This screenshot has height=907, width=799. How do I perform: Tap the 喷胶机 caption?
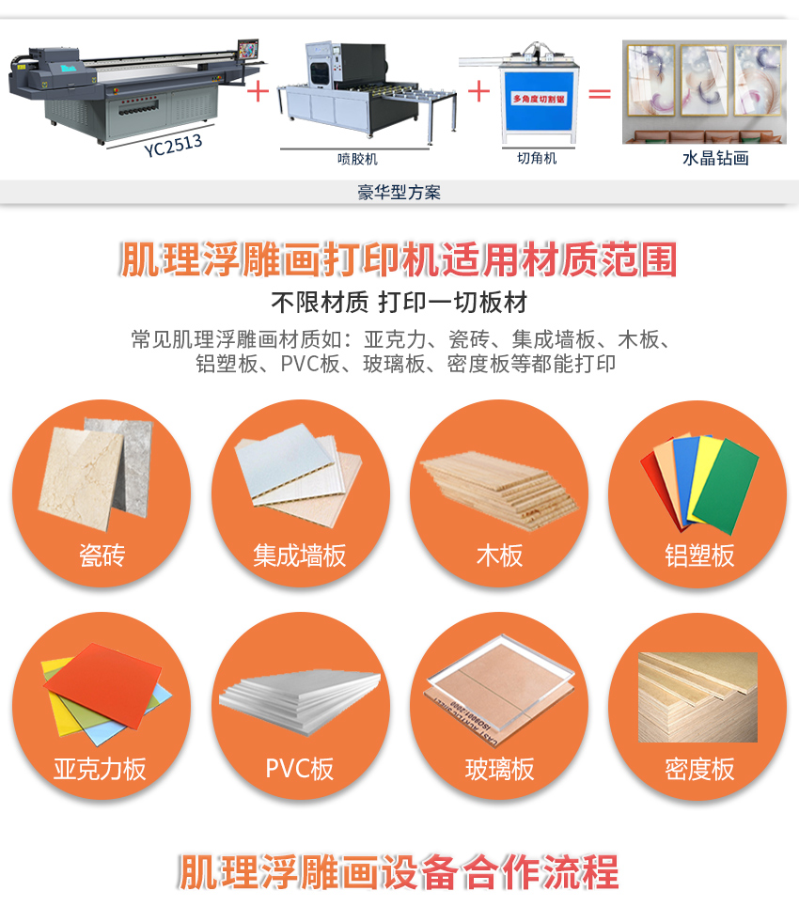[357, 159]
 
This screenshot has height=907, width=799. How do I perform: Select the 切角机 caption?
[537, 159]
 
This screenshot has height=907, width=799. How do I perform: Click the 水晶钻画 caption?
[715, 159]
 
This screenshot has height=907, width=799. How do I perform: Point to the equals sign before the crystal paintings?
[599, 93]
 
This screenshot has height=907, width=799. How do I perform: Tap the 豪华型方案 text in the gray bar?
[399, 193]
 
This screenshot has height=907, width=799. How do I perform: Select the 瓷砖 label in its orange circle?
[102, 555]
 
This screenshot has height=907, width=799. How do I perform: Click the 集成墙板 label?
[300, 555]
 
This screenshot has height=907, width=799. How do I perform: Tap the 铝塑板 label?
[699, 555]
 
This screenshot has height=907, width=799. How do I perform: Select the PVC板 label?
[300, 769]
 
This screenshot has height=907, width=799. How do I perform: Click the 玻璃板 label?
[499, 769]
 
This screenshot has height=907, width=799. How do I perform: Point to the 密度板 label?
[699, 769]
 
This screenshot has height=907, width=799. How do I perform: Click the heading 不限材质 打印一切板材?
[399, 303]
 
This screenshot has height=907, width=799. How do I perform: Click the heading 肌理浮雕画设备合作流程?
[399, 871]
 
